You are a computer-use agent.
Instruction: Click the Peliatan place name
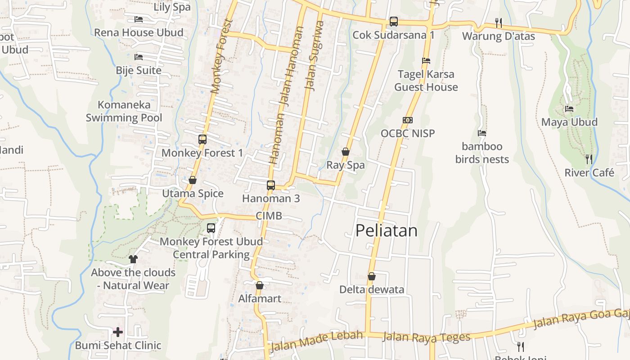pyautogui.click(x=386, y=230)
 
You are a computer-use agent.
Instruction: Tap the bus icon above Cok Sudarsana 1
pyautogui.click(x=394, y=22)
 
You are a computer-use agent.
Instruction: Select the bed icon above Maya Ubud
pyautogui.click(x=569, y=109)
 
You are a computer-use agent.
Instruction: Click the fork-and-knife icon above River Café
pyautogui.click(x=589, y=159)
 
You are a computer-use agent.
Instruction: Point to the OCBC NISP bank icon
pyautogui.click(x=408, y=120)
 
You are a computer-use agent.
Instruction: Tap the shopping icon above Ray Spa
pyautogui.click(x=346, y=152)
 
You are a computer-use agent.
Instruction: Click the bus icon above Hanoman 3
pyautogui.click(x=271, y=185)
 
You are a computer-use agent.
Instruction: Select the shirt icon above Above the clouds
pyautogui.click(x=133, y=259)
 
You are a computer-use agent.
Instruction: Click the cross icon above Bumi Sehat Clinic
pyautogui.click(x=118, y=332)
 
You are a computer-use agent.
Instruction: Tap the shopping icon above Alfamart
pyautogui.click(x=260, y=285)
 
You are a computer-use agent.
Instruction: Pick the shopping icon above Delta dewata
pyautogui.click(x=372, y=276)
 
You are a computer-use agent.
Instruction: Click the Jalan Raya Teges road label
pyautogui.click(x=426, y=337)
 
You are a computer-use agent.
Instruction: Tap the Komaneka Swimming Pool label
pyautogui.click(x=124, y=111)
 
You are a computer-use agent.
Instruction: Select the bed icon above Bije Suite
pyautogui.click(x=139, y=57)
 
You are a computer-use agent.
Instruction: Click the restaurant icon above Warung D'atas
pyautogui.click(x=499, y=22)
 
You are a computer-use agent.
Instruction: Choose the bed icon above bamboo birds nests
pyautogui.click(x=482, y=133)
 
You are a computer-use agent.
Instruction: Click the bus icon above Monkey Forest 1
pyautogui.click(x=202, y=139)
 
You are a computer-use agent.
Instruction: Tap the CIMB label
pyautogui.click(x=269, y=216)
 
